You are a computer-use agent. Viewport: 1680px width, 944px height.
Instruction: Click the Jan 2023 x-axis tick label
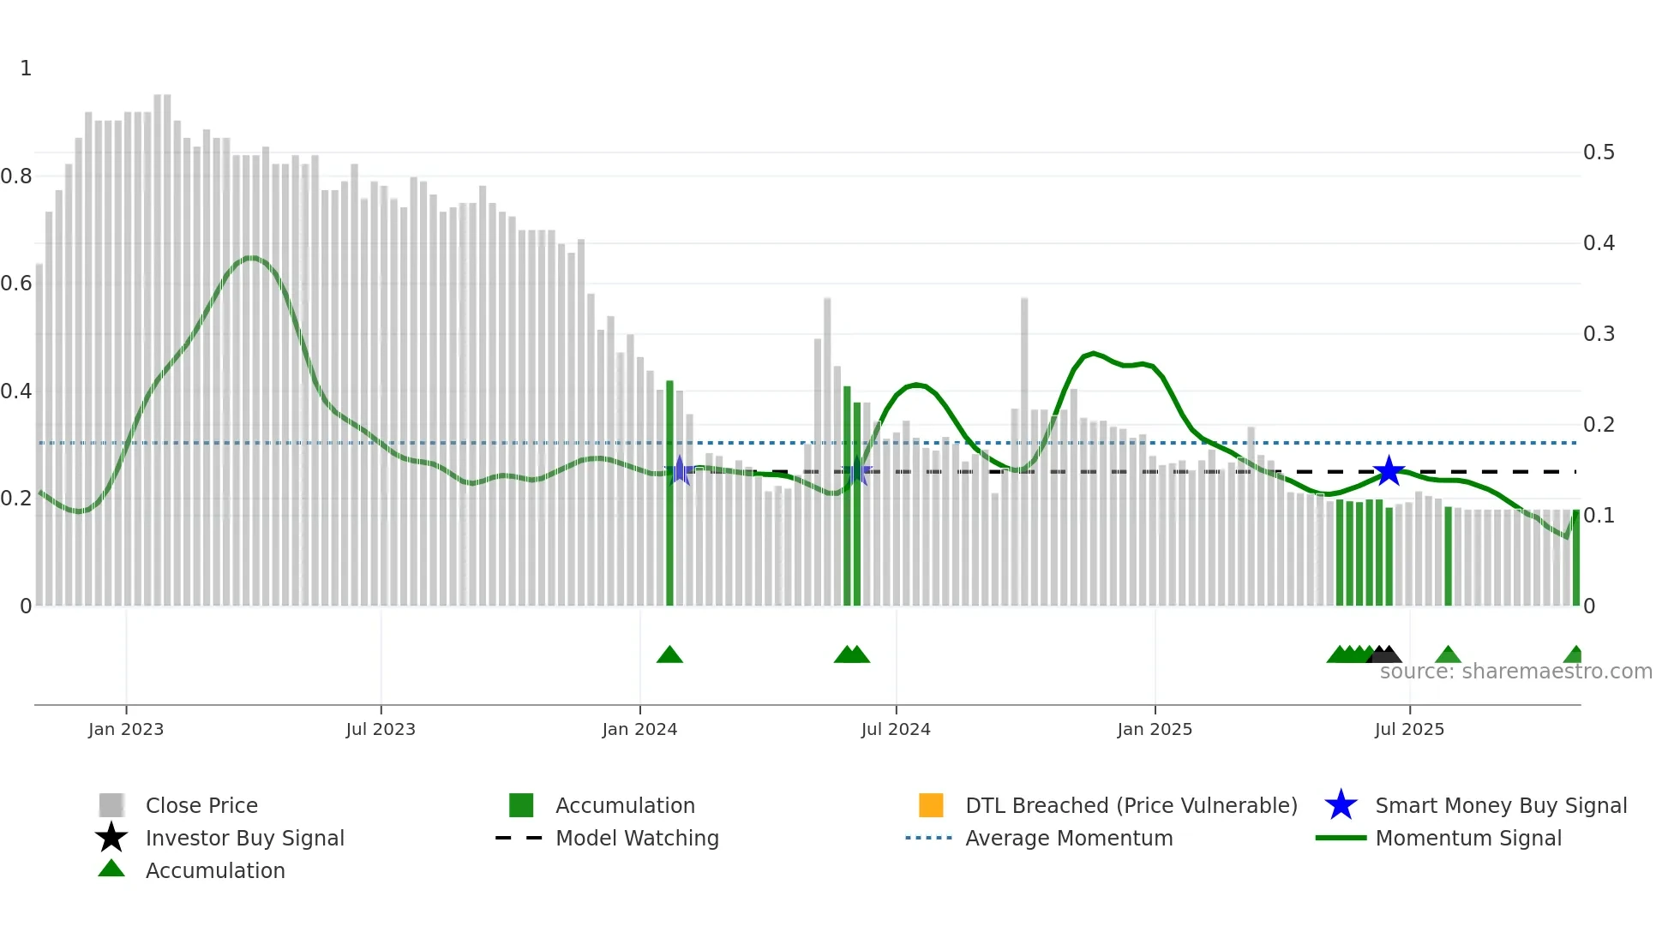coord(125,729)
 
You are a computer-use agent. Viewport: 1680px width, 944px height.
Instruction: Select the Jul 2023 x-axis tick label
coord(381,729)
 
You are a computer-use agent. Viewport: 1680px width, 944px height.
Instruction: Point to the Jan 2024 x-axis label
coord(639,729)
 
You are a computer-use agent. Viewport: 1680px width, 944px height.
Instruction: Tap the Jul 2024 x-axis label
coord(896,729)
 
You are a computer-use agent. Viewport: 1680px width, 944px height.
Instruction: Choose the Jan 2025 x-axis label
coord(1155,729)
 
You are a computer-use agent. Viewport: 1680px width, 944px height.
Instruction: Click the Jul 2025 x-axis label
coord(1409,729)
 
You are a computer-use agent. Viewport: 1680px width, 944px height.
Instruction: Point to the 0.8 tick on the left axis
coord(16,176)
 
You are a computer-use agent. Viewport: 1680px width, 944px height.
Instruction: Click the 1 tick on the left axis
coord(26,69)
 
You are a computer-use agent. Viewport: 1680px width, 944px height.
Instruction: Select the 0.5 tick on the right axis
coord(1599,152)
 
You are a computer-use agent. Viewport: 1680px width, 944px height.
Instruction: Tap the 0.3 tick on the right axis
coord(1599,334)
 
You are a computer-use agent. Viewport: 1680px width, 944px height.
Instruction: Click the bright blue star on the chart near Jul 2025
coord(1389,471)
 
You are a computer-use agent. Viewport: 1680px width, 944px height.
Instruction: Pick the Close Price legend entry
coord(201,805)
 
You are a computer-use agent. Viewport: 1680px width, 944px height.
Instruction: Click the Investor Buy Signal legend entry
coord(244,838)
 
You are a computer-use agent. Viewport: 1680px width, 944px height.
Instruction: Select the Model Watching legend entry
coord(637,838)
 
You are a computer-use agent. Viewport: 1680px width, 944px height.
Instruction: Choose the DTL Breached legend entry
coord(1131,805)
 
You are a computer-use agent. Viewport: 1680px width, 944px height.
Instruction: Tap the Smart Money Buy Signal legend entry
coord(1500,805)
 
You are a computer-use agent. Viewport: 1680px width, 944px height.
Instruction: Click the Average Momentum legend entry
coord(1069,838)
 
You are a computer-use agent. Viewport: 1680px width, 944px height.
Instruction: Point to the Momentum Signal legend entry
coord(1467,838)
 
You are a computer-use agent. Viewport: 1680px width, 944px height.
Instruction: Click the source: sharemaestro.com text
coord(1515,672)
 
